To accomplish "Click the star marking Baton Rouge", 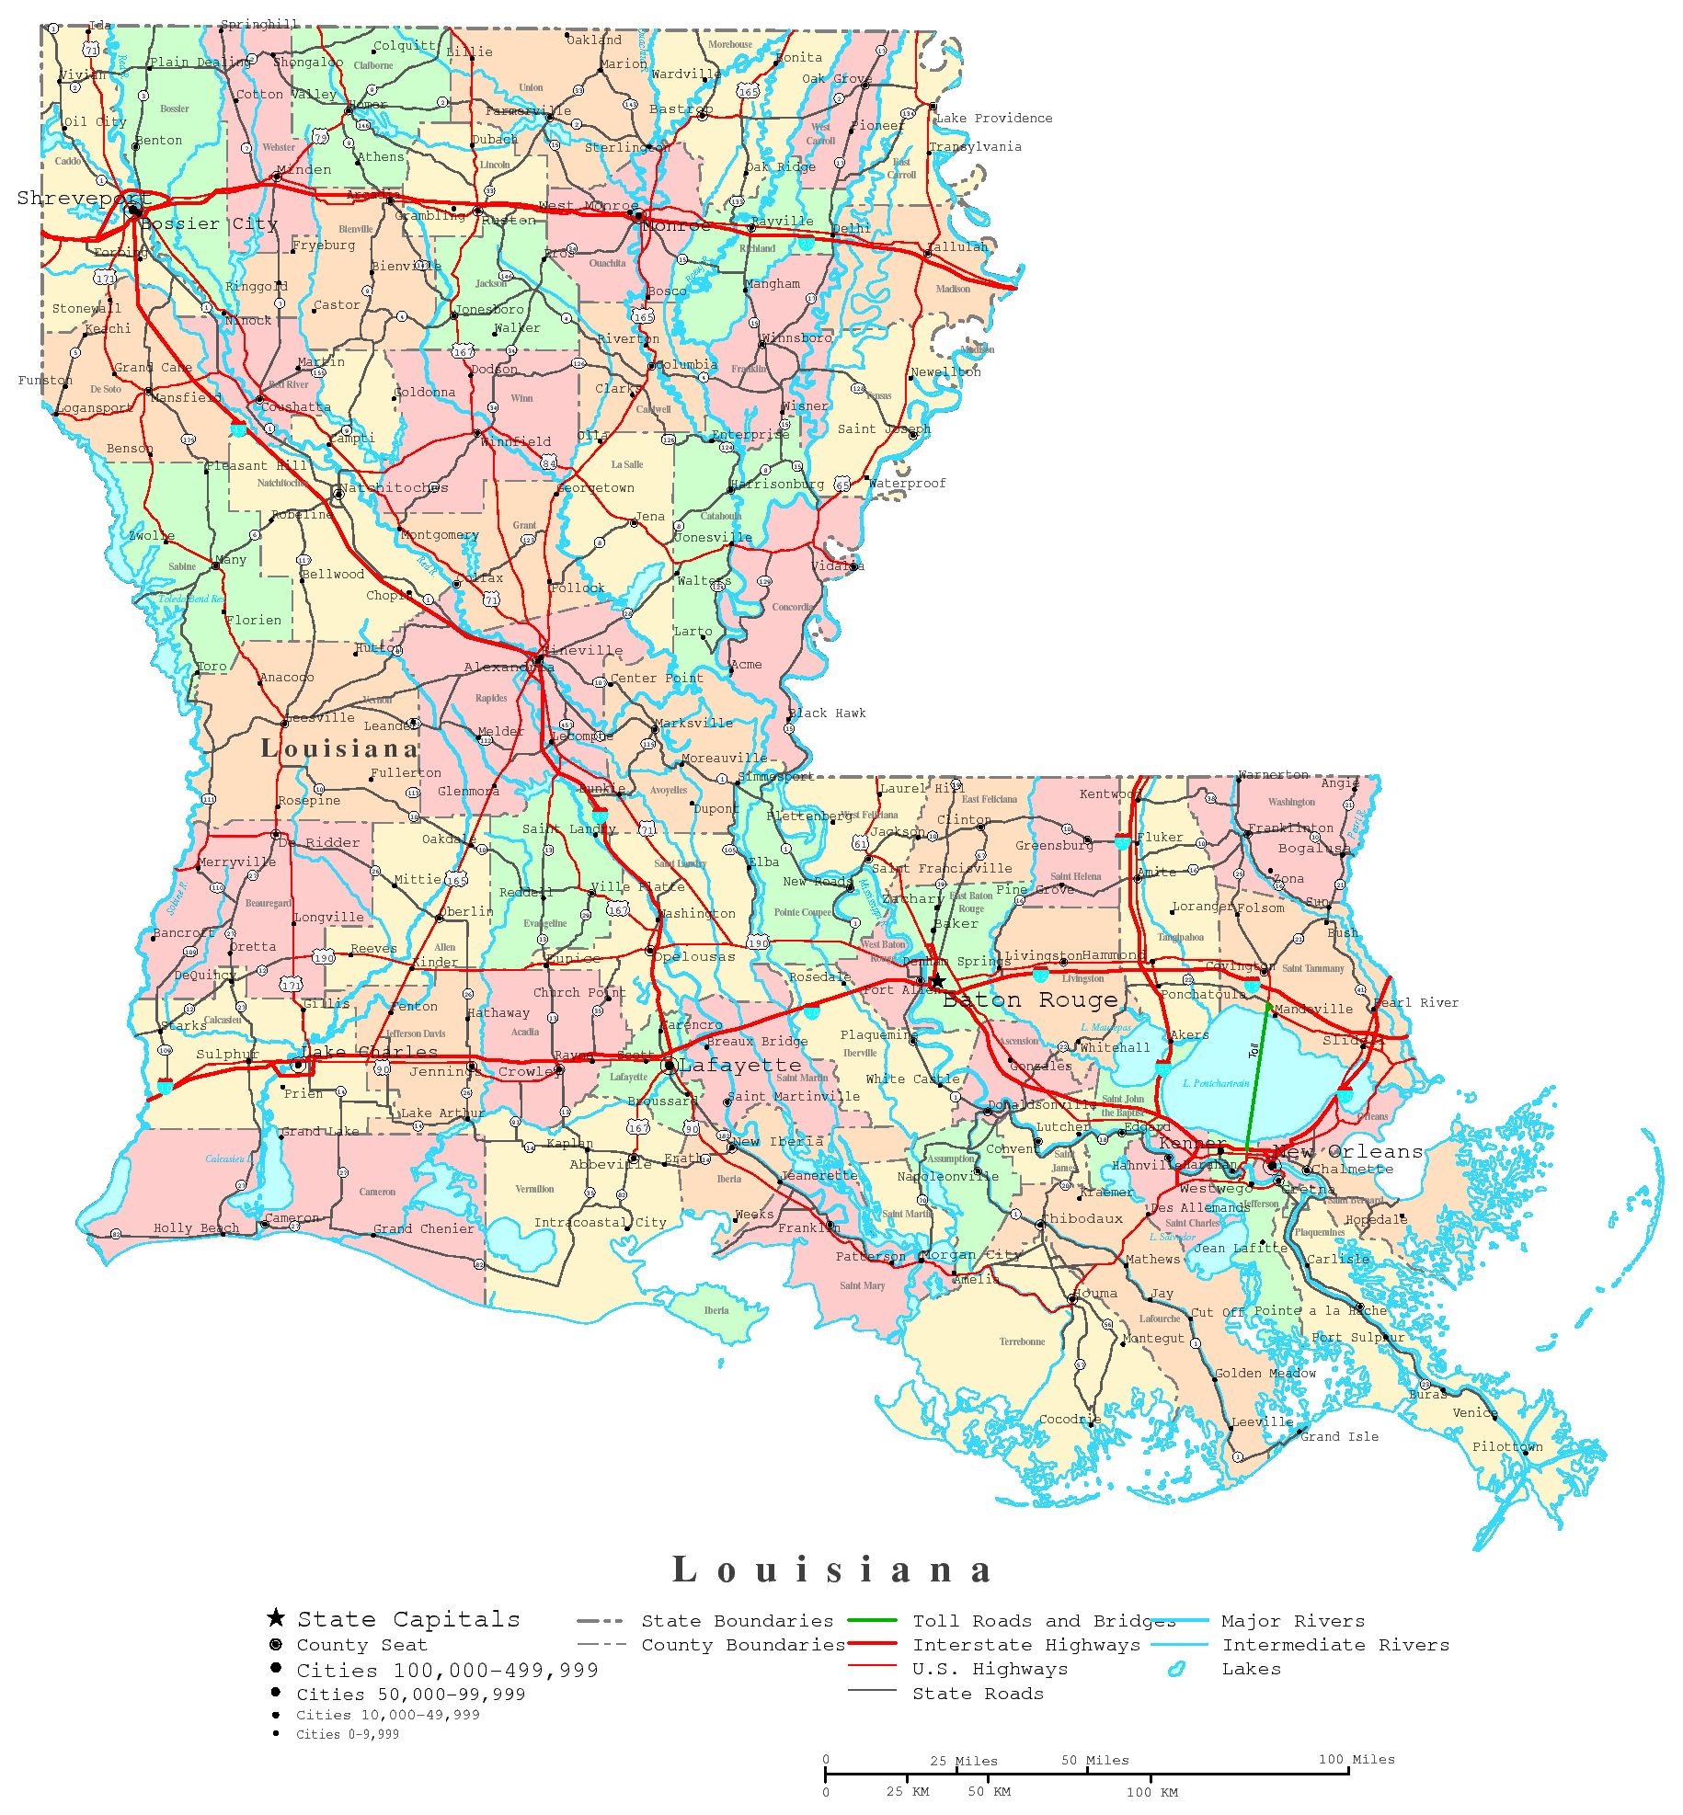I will [936, 982].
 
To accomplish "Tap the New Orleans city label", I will [1349, 1152].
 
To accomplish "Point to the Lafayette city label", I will [740, 1066].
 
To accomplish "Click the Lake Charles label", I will [369, 1052].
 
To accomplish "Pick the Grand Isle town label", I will [1339, 1437].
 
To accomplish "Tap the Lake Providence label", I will [994, 119].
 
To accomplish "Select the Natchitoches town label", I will [394, 488].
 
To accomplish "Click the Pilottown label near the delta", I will [1507, 1447].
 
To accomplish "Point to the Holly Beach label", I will [196, 1228].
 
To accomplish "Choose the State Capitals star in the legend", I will [275, 1618].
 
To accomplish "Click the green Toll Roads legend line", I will [872, 1620].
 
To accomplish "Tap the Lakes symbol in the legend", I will [1175, 1670].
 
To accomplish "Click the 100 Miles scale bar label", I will [1357, 1760].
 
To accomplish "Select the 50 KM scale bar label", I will [989, 1792].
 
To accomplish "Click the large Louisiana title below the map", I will [833, 1570].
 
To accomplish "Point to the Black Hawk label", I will [827, 713].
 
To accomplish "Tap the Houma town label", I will [1094, 1294].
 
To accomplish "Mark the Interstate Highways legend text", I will [1025, 1645].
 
